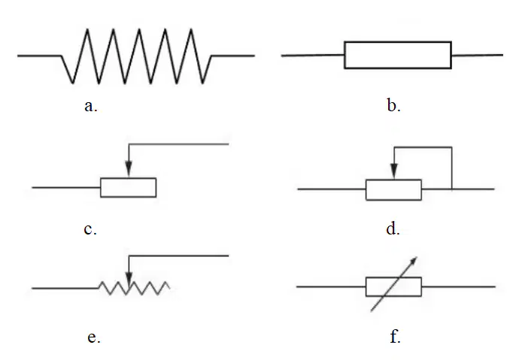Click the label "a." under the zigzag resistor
pyautogui.click(x=91, y=106)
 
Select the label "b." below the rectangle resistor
pyautogui.click(x=393, y=105)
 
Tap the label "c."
pyautogui.click(x=90, y=229)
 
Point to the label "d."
pyautogui.click(x=393, y=228)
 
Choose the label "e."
pyautogui.click(x=94, y=337)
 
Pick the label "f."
pyautogui.click(x=395, y=336)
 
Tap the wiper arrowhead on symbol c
pyautogui.click(x=129, y=170)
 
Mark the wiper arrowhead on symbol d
pyautogui.click(x=394, y=171)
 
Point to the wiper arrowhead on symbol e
pyautogui.click(x=129, y=280)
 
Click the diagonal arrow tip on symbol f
pyautogui.click(x=416, y=257)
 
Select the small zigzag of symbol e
pyautogui.click(x=134, y=288)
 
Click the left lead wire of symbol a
pyautogui.click(x=40, y=56)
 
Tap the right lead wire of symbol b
pyautogui.click(x=477, y=55)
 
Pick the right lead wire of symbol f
pyautogui.click(x=458, y=287)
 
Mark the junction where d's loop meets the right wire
pyautogui.click(x=452, y=189)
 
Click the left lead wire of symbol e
pyautogui.click(x=65, y=288)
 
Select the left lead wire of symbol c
pyautogui.click(x=66, y=187)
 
